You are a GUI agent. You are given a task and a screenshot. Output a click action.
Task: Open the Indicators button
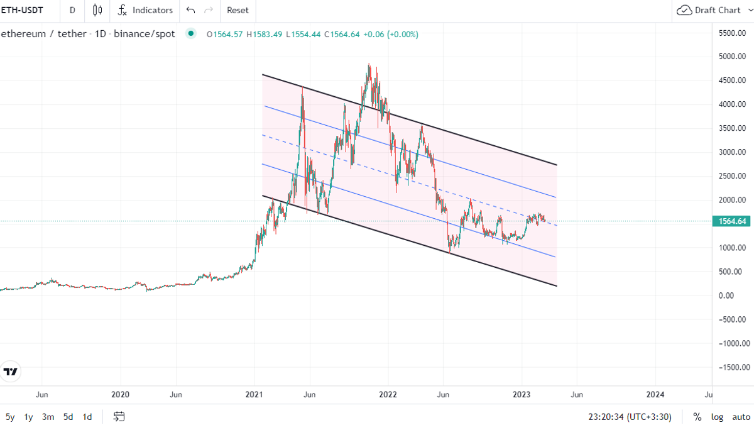[x=145, y=10]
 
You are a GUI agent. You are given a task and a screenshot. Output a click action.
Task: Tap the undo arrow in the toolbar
[x=191, y=10]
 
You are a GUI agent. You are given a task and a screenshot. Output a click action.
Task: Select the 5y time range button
[x=10, y=417]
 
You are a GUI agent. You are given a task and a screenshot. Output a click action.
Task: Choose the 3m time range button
[x=48, y=417]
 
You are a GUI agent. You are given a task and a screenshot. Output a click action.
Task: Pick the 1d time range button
[x=87, y=417]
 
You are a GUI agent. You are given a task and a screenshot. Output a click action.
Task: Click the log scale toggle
[x=717, y=417]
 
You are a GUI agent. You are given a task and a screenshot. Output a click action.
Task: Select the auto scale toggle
[x=741, y=417]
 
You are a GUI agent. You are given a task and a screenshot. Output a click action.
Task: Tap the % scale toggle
[x=697, y=417]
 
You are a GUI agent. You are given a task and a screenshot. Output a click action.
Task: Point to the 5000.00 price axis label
[x=733, y=56]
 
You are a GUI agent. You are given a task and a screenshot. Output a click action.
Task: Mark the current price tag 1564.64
[x=731, y=221]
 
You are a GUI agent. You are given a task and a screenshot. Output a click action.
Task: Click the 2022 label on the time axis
[x=388, y=395]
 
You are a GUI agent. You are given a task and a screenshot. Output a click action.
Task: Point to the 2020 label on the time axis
[x=120, y=395]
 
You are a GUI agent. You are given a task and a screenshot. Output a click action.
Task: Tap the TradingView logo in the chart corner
[x=11, y=372]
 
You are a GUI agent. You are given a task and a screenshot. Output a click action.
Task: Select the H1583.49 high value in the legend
[x=265, y=34]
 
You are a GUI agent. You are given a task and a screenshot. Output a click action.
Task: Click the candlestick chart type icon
[x=97, y=10]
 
